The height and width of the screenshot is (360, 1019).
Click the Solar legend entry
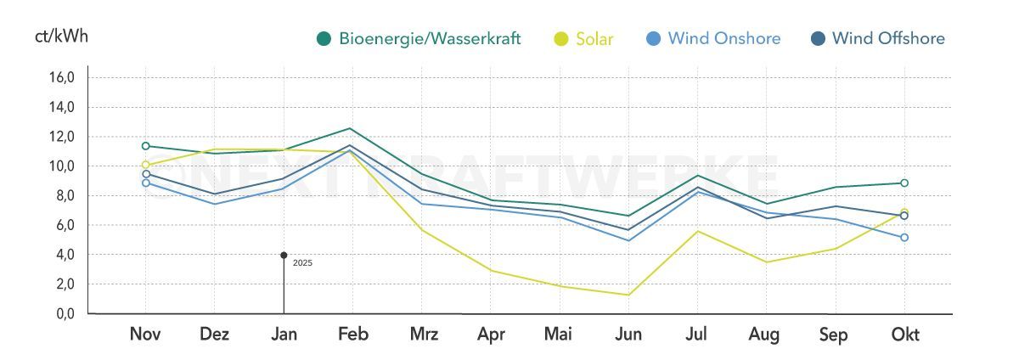click(x=594, y=38)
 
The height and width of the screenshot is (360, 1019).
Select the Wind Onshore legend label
click(x=723, y=38)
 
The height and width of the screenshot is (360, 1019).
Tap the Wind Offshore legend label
click(x=888, y=38)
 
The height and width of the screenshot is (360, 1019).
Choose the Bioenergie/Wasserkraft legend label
click(x=430, y=38)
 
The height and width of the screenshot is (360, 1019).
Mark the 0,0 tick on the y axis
click(x=64, y=314)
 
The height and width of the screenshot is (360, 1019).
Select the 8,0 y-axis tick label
click(x=64, y=195)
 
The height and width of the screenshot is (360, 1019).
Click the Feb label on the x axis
click(x=352, y=335)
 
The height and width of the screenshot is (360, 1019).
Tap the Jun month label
click(x=628, y=335)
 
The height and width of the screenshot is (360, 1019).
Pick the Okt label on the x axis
click(x=904, y=335)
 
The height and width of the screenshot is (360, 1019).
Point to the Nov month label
click(x=145, y=335)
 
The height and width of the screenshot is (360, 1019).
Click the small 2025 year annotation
click(x=302, y=263)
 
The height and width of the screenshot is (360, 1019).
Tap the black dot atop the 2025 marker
click(x=284, y=255)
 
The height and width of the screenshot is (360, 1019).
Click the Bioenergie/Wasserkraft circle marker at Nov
click(x=145, y=146)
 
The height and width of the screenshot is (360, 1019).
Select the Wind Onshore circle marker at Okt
click(x=904, y=238)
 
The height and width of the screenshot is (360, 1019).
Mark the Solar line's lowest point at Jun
click(x=628, y=295)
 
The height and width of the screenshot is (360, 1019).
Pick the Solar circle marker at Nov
click(x=145, y=165)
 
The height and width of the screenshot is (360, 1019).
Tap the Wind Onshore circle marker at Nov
click(x=145, y=183)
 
